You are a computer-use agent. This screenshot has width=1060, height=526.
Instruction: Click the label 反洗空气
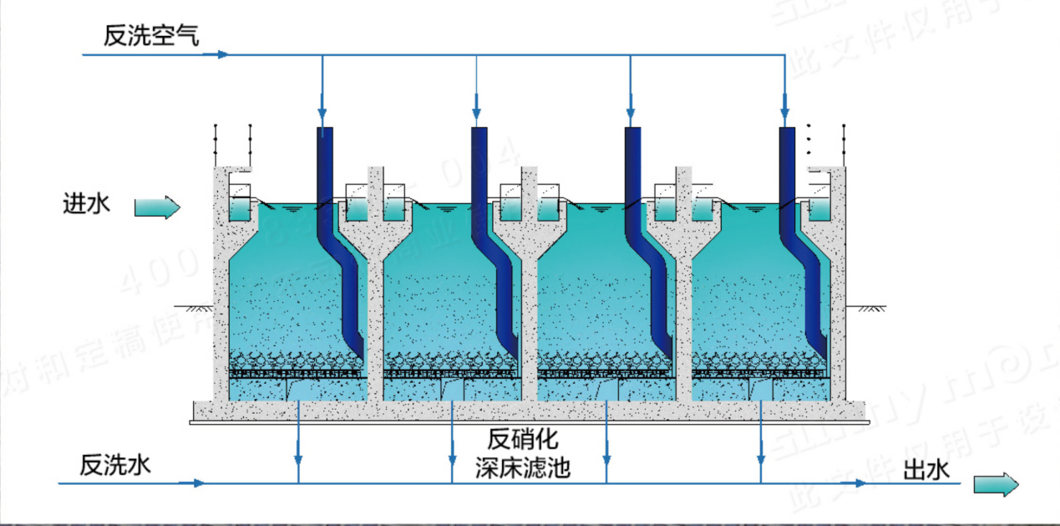point(151,35)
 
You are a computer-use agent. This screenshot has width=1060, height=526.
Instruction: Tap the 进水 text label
point(87,203)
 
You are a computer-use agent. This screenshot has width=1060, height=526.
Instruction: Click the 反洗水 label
point(115,465)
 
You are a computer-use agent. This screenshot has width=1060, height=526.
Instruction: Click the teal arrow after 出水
point(997,485)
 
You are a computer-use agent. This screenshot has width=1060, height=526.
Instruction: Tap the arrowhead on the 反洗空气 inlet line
point(222,55)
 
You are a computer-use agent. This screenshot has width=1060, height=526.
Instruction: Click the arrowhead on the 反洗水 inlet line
point(198,483)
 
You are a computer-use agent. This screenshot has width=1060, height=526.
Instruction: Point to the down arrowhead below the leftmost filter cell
point(298,459)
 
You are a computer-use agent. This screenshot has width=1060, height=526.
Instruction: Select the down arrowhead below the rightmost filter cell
point(761,459)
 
